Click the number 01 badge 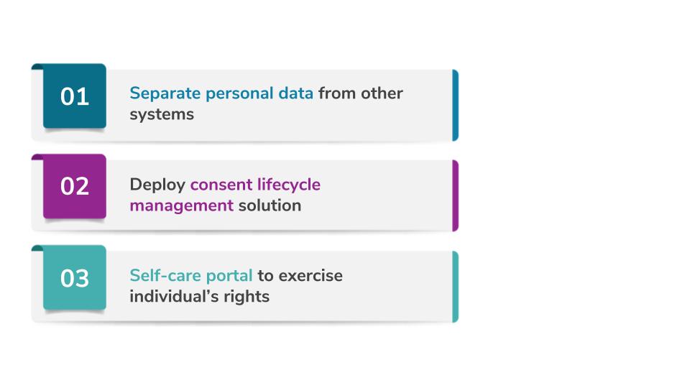[75, 96]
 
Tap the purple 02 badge [75, 186]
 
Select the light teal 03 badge [75, 277]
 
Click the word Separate [165, 93]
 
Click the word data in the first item [295, 93]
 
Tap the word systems [162, 115]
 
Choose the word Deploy [157, 185]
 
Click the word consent [221, 185]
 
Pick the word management [181, 206]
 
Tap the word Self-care [165, 275]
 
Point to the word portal [229, 276]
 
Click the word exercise [310, 276]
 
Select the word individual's [174, 296]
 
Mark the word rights [247, 297]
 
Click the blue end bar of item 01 [456, 105]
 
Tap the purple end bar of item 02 [456, 195]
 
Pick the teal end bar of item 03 [456, 287]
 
